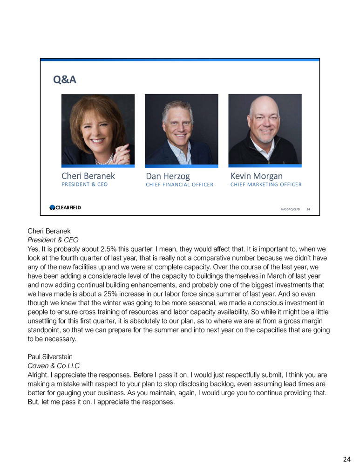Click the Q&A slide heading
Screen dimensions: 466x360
65,80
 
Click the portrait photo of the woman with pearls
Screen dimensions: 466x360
98,129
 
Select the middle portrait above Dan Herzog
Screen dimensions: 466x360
181,129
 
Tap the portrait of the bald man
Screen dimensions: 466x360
265,129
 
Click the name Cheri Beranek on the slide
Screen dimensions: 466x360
88,176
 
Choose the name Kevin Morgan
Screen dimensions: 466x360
256,176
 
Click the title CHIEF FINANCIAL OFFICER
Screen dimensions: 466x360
179,185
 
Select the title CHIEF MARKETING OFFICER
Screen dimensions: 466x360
265,185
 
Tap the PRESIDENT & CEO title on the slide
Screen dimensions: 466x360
84,184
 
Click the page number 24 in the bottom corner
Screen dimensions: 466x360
346,459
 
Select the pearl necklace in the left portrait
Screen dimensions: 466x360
103,159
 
